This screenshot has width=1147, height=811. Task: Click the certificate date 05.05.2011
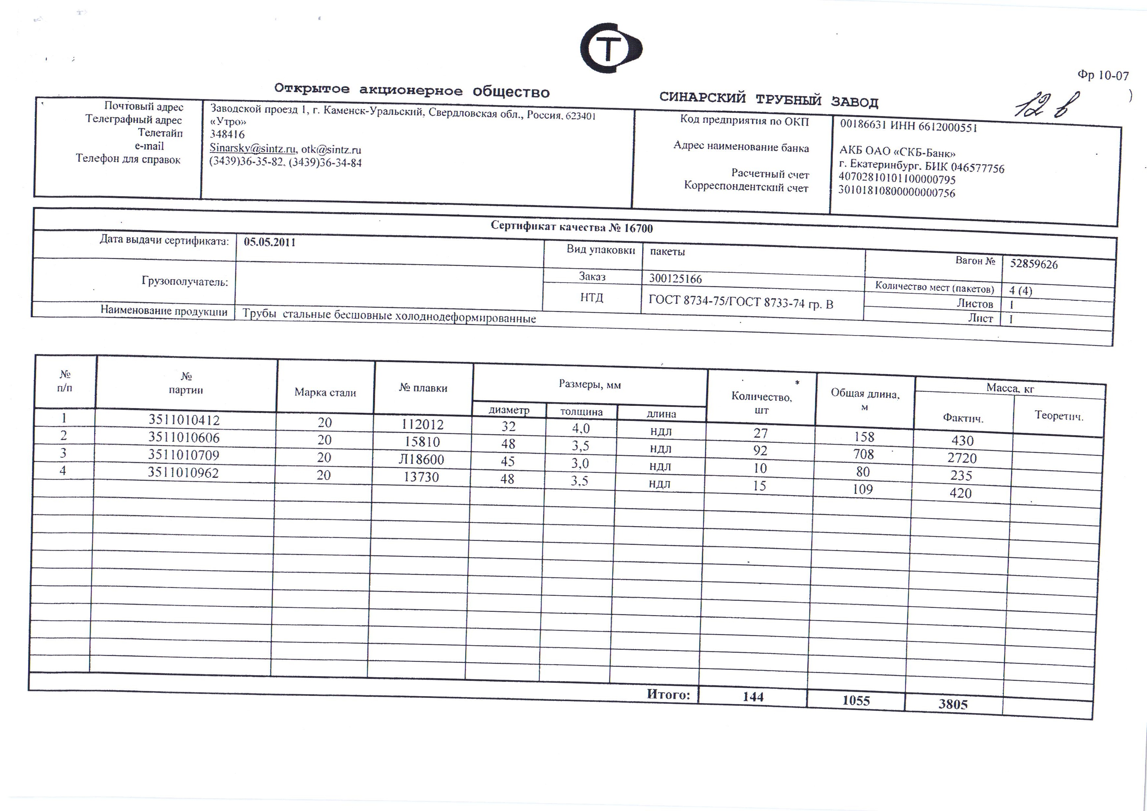pos(269,242)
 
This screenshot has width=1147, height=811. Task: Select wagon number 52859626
pos(1034,264)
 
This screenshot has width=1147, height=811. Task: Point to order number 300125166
pos(676,278)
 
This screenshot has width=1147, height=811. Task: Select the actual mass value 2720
pos(962,458)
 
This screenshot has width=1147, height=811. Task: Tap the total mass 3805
pos(953,704)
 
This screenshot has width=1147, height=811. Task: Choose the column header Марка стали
pos(325,392)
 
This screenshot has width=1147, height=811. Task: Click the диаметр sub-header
pos(508,410)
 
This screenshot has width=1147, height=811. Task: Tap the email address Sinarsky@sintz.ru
pos(253,148)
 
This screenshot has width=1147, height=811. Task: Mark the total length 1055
pos(856,700)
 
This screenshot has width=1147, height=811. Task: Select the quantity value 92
pos(760,451)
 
